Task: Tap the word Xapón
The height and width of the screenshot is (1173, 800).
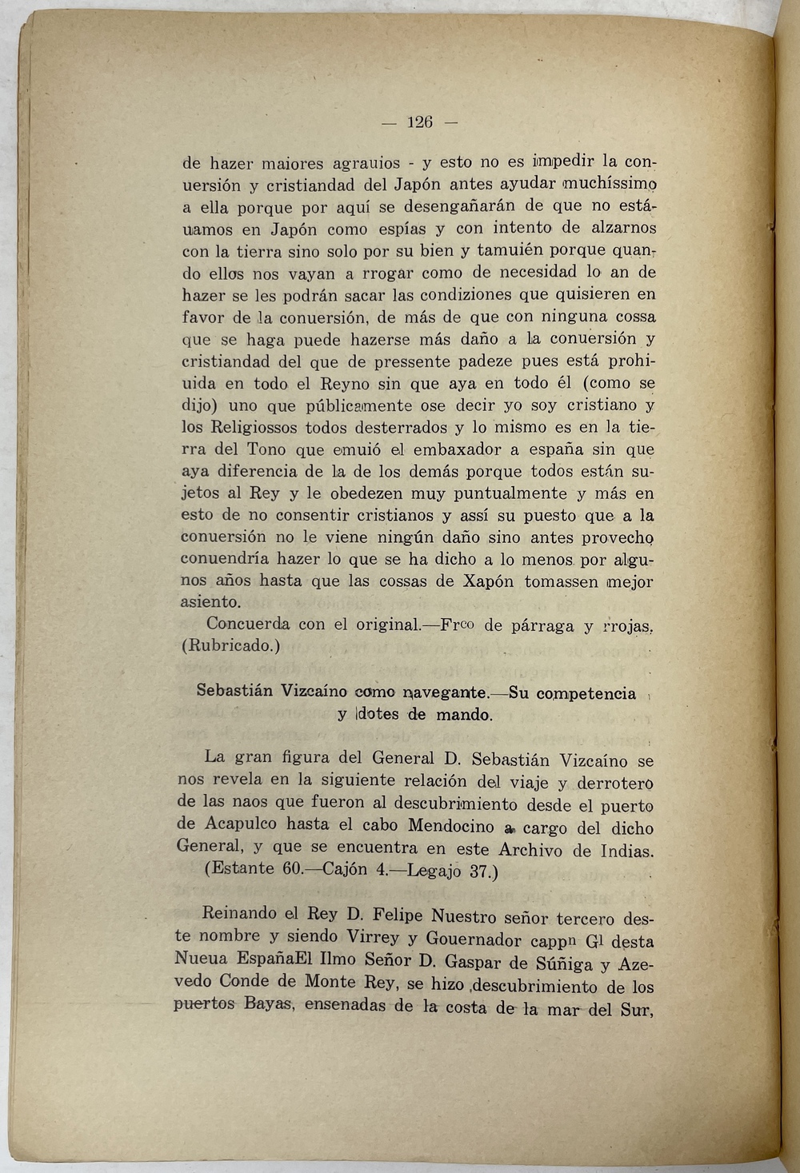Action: [x=488, y=581]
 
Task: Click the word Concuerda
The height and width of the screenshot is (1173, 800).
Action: [x=247, y=624]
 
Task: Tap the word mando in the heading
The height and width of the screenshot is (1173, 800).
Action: [x=463, y=715]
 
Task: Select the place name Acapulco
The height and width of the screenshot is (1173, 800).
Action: [x=239, y=824]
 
